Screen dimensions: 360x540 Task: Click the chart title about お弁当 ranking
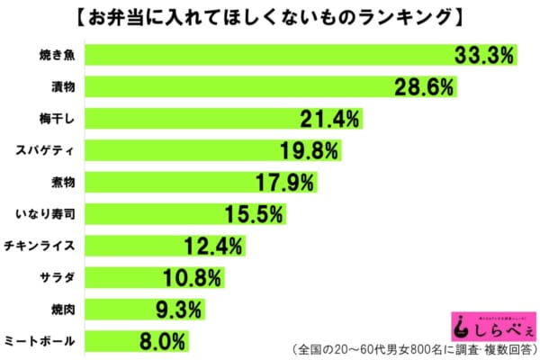coord(270,17)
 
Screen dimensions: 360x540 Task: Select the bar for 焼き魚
coord(270,56)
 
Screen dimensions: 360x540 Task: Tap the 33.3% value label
coord(483,56)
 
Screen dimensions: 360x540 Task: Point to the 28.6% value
coord(424,87)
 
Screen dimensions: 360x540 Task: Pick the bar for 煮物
coord(180,183)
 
